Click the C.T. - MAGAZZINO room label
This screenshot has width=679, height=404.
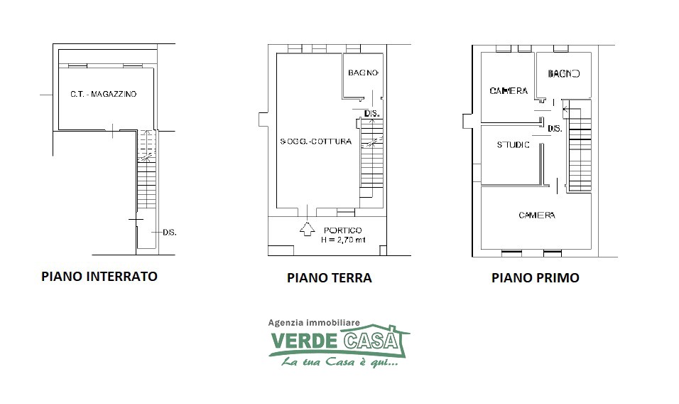point(104,94)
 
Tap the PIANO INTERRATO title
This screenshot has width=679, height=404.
point(99,277)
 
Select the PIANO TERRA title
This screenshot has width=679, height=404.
point(329,278)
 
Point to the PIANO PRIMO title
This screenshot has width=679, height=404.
point(536,278)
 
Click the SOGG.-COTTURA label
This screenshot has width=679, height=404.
point(315,142)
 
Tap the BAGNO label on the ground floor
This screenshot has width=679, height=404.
point(364,73)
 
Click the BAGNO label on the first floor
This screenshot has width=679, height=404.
point(563,74)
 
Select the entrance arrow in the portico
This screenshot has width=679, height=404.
point(307,229)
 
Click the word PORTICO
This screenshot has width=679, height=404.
point(342,230)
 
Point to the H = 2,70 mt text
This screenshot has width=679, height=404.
point(343,240)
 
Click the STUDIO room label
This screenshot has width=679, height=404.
point(513,145)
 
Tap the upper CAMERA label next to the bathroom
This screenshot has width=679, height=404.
point(509,90)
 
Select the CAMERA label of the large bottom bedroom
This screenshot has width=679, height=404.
point(537,215)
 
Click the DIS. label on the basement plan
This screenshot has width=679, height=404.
point(170,233)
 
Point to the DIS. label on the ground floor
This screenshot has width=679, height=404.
point(372,114)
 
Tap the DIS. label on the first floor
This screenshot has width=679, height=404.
point(555,129)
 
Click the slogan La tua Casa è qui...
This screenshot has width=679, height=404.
point(339,361)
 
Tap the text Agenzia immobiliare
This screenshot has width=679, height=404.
point(314,322)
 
